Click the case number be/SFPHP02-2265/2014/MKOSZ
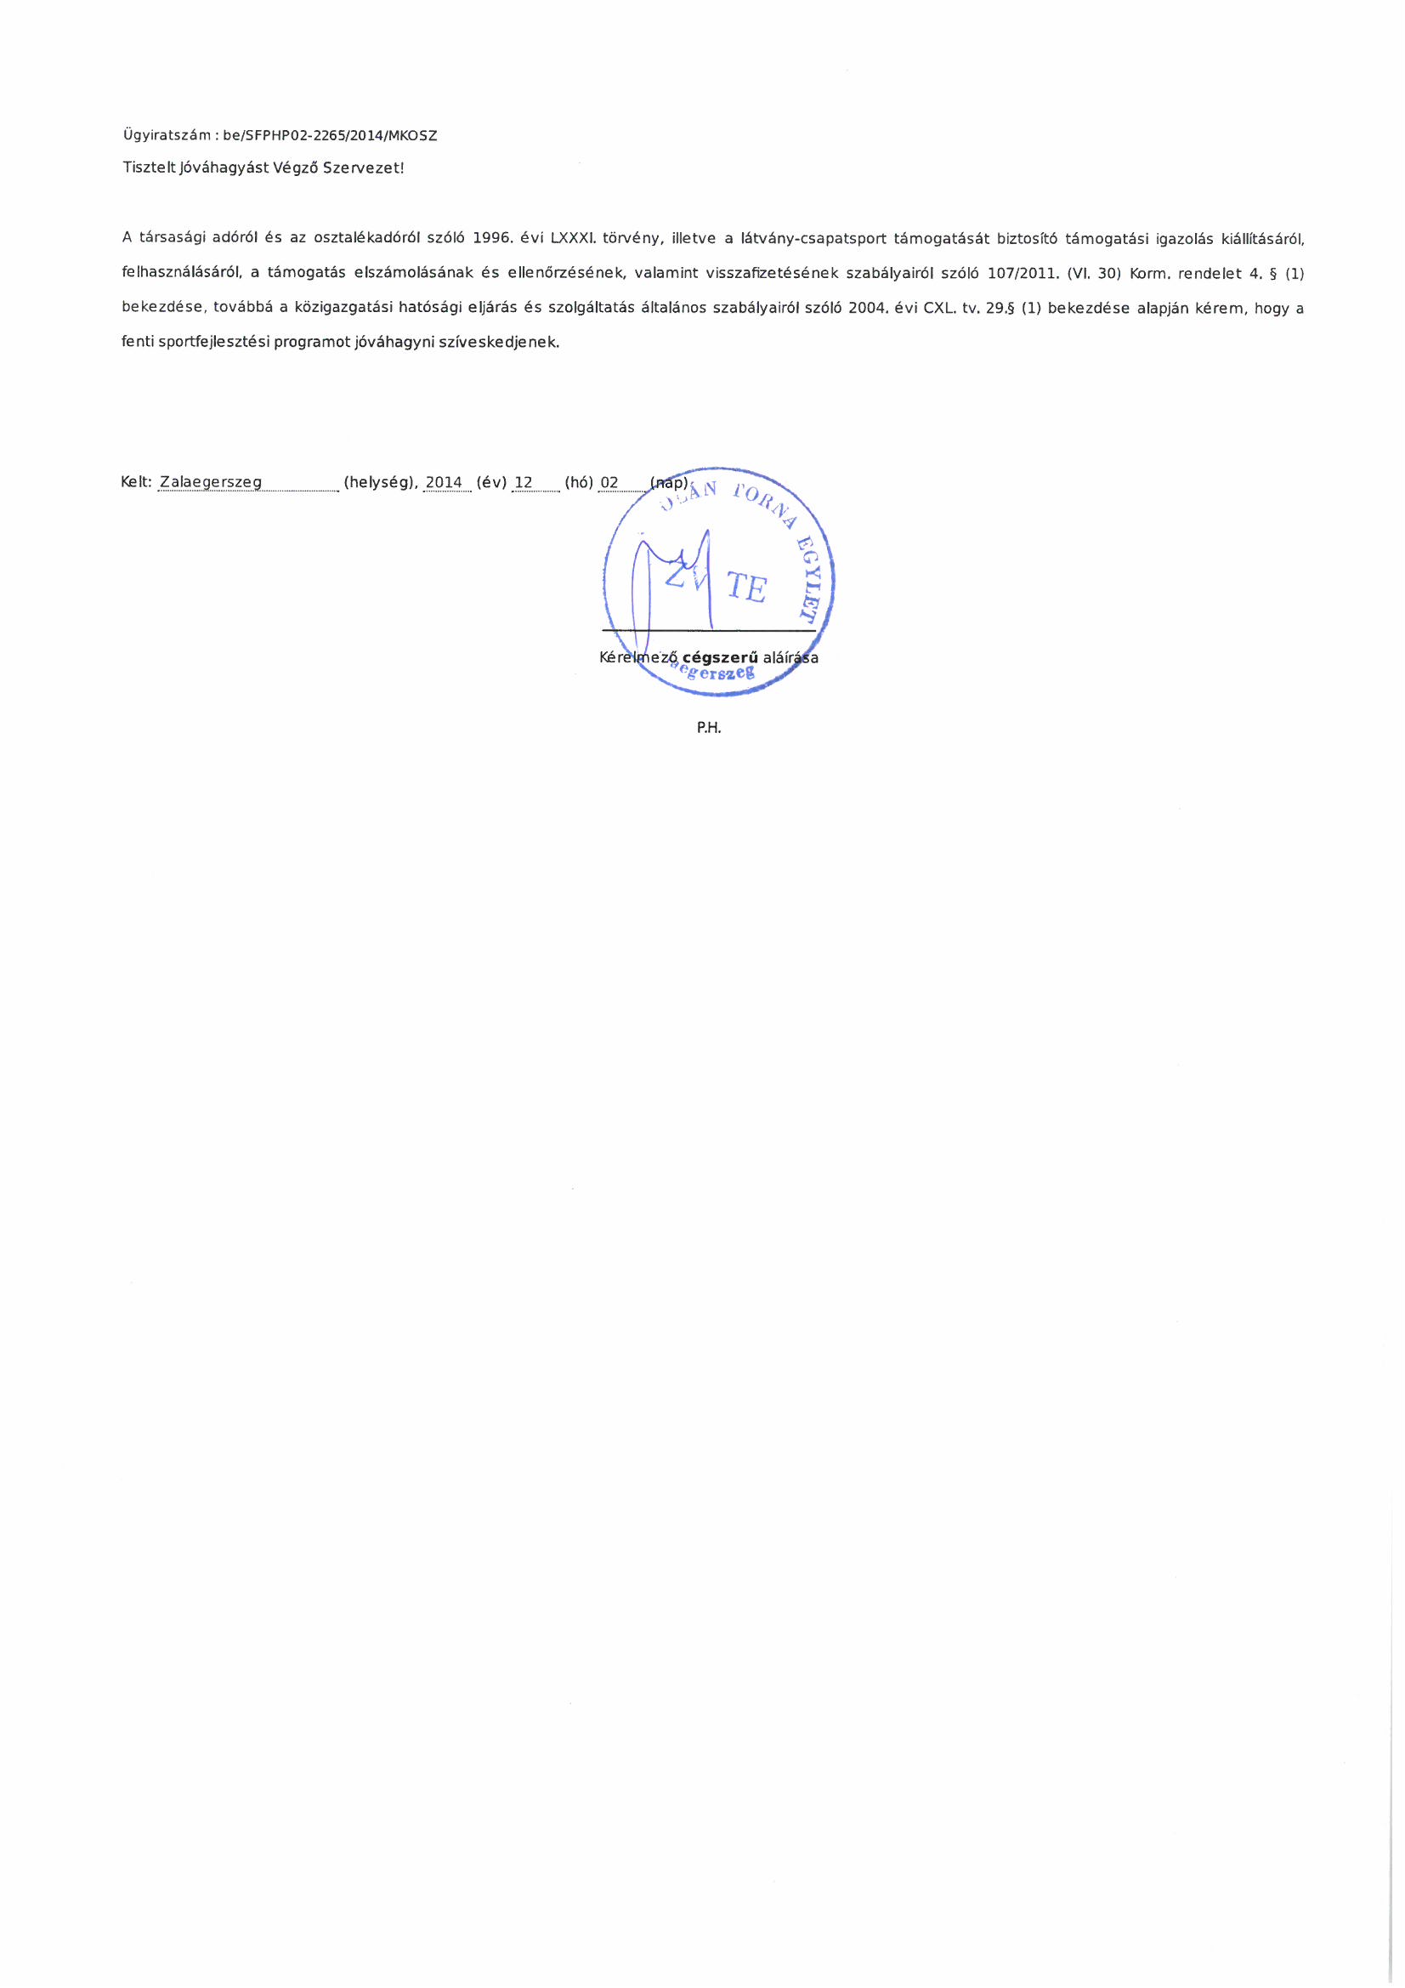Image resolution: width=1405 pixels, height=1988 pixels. pos(330,136)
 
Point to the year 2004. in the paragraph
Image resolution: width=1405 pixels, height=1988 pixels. pos(870,309)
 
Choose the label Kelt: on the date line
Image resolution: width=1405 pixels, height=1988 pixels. pos(137,482)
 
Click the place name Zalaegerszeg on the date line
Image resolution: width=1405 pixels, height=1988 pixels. pos(212,482)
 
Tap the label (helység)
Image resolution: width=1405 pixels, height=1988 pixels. pos(381,482)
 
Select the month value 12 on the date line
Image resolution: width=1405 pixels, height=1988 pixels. pos(524,482)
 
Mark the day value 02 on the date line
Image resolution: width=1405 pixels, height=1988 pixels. pos(609,482)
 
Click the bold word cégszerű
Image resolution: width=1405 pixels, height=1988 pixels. pos(719,657)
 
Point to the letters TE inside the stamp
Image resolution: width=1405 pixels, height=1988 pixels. pos(746,588)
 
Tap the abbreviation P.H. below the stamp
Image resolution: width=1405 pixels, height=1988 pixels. pos(708,728)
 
